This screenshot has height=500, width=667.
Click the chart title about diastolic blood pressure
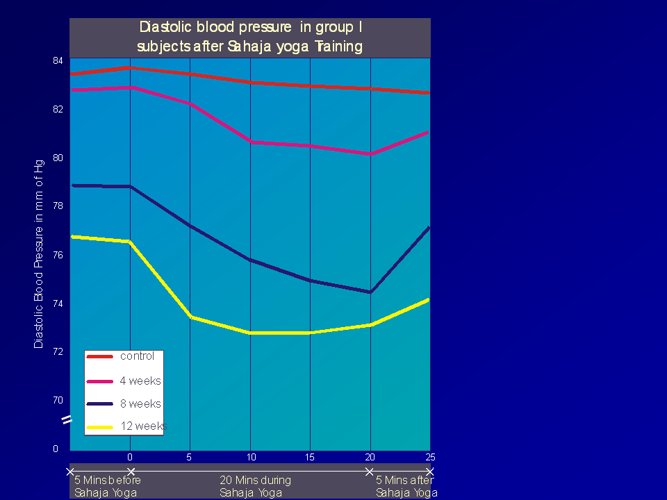coord(250,37)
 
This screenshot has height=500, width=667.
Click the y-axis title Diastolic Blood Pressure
coord(39,253)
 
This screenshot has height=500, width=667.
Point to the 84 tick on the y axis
coord(56,61)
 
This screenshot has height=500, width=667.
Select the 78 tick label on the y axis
coord(56,206)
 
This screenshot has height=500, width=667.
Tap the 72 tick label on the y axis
coord(56,351)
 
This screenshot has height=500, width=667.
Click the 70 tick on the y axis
coord(56,400)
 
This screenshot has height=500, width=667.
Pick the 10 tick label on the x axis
coord(251,457)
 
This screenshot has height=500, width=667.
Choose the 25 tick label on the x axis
coord(429,457)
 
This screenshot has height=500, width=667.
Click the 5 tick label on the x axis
coord(190,457)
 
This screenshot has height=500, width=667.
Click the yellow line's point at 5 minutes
coord(190,317)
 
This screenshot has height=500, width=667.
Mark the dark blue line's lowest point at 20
coord(370,292)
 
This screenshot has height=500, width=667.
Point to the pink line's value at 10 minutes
coord(250,142)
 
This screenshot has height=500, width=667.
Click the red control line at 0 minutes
coord(131,68)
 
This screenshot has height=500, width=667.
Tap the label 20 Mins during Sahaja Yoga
coord(255,486)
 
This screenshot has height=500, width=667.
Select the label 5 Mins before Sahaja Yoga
coord(108,486)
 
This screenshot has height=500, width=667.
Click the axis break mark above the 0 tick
coord(67,419)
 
